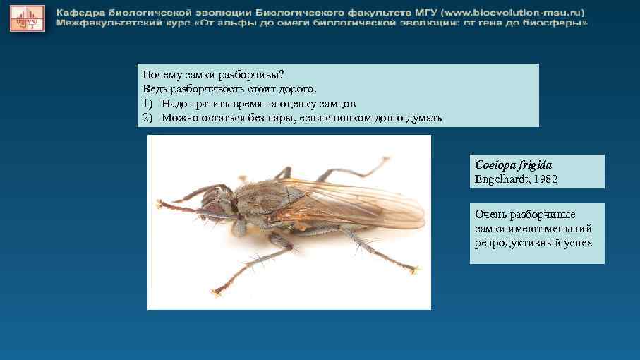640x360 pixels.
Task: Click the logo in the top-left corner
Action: pos(28,18)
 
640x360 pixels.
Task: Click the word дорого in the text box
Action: pos(298,89)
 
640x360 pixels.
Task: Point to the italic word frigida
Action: pos(541,165)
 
